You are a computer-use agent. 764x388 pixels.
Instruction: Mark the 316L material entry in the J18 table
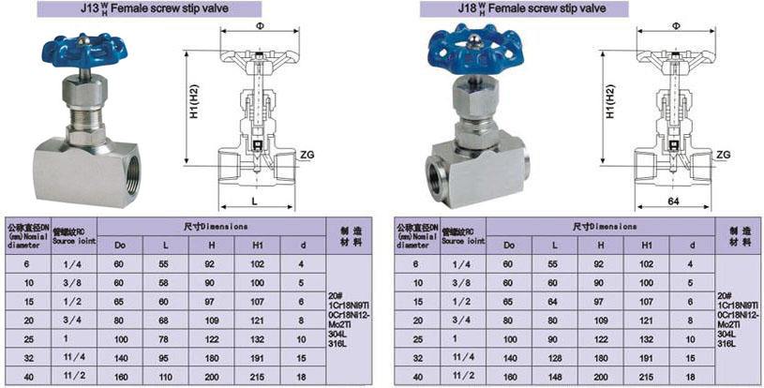tap(726, 345)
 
